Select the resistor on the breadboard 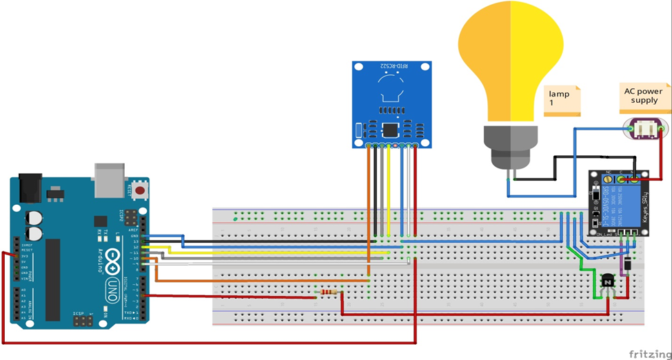(330, 292)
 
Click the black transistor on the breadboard (608, 281)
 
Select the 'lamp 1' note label (562, 99)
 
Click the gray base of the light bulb (509, 145)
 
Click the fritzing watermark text (648, 352)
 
